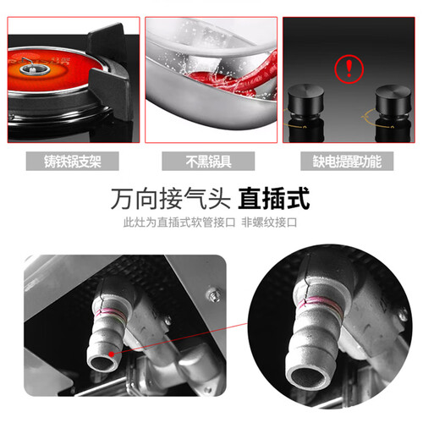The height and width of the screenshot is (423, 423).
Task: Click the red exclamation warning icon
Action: (349, 69)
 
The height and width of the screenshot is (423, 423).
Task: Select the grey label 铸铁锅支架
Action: (73, 161)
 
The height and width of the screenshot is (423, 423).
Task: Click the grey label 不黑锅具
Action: (208, 161)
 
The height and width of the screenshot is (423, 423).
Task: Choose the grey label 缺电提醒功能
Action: (347, 161)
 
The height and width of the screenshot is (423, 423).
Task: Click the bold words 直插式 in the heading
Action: (274, 199)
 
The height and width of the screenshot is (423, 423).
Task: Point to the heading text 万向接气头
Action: (171, 199)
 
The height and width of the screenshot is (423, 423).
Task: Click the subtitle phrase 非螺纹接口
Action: (269, 222)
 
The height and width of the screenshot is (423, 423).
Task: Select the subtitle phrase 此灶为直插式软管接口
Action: (179, 222)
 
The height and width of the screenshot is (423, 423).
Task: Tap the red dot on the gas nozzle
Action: (112, 354)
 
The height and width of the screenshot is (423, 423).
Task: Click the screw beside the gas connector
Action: (214, 295)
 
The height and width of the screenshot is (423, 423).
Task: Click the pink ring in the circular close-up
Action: (320, 304)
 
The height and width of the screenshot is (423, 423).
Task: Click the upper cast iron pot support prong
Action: (106, 41)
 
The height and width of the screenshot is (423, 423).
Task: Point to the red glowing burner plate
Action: (52, 70)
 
